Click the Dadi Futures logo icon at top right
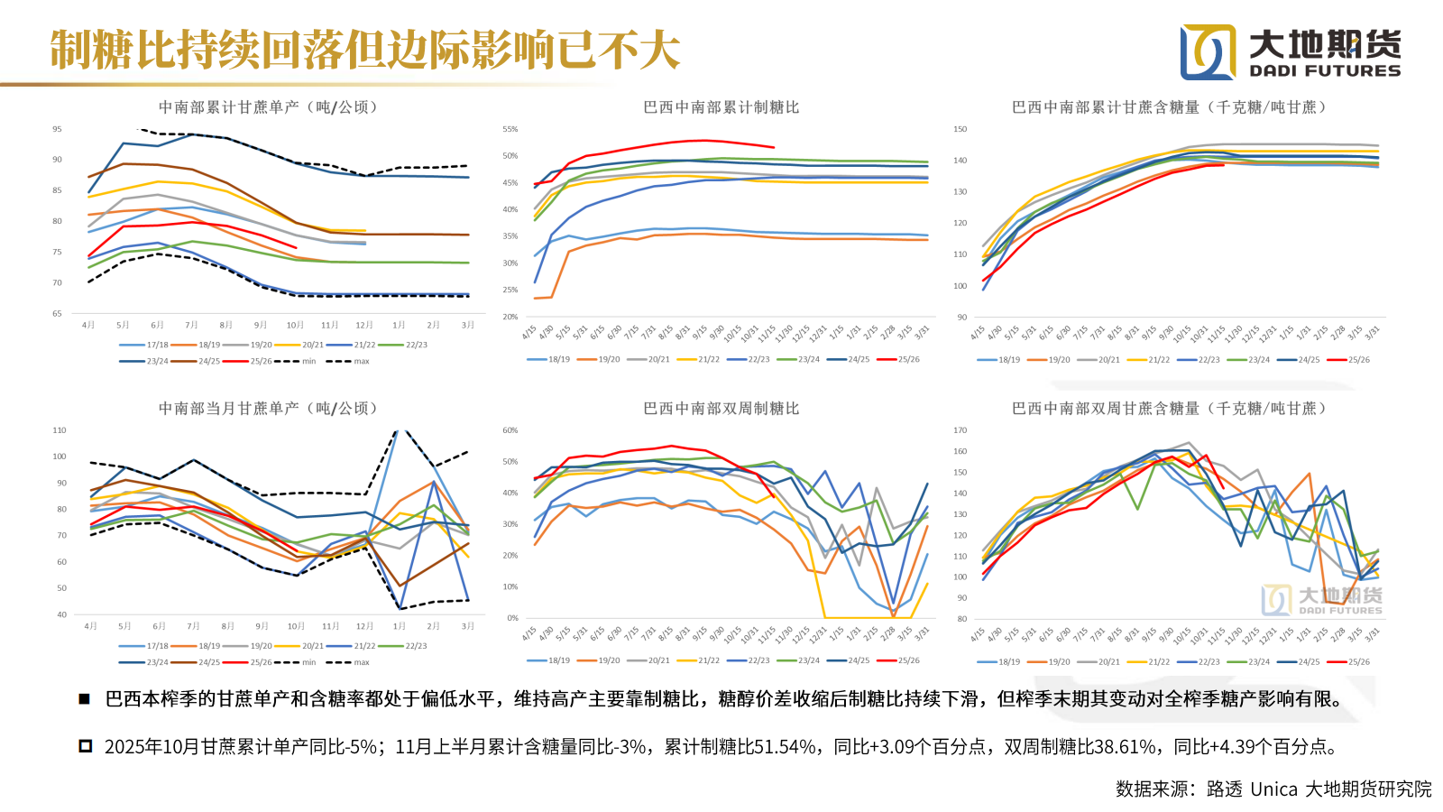pos(1209,52)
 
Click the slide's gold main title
pos(364,51)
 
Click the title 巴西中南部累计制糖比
pos(721,107)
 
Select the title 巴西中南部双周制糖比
pos(721,409)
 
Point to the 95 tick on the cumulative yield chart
pos(58,129)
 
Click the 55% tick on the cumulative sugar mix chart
pos(510,129)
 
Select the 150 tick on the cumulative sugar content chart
pos(960,129)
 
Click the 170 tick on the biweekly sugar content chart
pos(960,430)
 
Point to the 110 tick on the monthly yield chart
pos(60,430)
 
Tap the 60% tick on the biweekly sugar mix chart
pos(510,430)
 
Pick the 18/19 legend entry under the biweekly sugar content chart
pos(1001,661)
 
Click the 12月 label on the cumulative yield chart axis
pos(364,325)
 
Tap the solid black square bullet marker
pos(84,699)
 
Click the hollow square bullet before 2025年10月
pos(86,746)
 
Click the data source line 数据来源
pos(1273,789)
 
